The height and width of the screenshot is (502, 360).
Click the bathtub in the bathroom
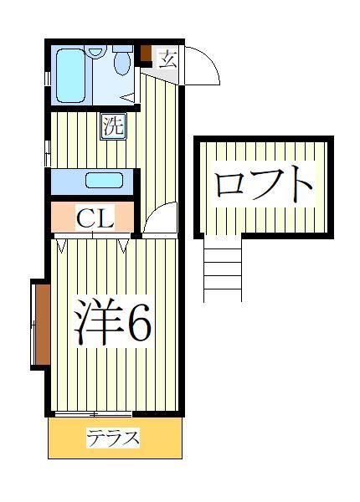click(x=72, y=74)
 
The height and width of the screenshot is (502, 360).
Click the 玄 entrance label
click(x=167, y=59)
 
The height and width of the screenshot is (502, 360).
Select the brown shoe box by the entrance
click(x=146, y=54)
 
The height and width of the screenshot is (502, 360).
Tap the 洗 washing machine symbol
click(x=113, y=127)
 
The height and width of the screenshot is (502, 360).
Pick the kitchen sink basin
click(x=104, y=181)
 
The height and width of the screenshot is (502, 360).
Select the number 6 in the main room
click(x=137, y=323)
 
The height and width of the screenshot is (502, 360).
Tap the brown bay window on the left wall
click(x=41, y=324)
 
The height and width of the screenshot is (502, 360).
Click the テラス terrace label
click(x=113, y=438)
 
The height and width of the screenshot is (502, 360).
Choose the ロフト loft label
click(x=264, y=184)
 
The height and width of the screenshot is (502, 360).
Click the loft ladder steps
click(x=223, y=268)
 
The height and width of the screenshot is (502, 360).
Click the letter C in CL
click(x=85, y=219)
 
